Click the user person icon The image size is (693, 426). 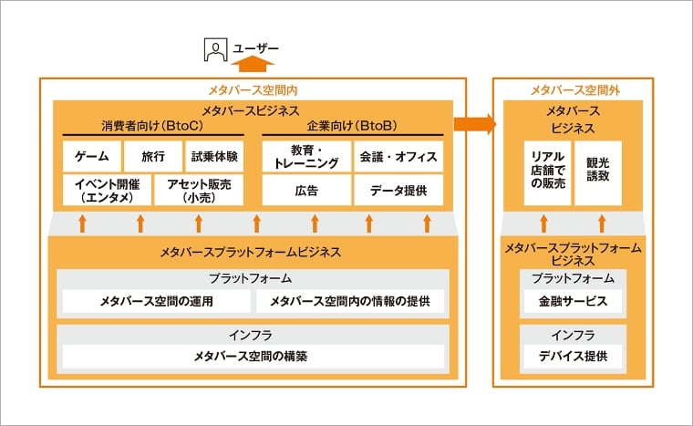pyautogui.click(x=214, y=49)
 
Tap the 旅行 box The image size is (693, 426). pyautogui.click(x=152, y=156)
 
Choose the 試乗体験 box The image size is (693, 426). pyautogui.click(x=214, y=156)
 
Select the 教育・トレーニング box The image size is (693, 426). pyautogui.click(x=305, y=156)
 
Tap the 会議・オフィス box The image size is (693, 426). pyautogui.click(x=398, y=156)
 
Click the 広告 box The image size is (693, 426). pyautogui.click(x=305, y=190)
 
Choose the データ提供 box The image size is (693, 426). pyautogui.click(x=398, y=190)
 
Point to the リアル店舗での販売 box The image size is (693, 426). pyautogui.click(x=547, y=171)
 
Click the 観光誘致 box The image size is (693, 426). pyautogui.click(x=597, y=171)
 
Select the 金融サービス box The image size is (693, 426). pyautogui.click(x=573, y=300)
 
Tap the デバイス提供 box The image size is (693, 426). pyautogui.click(x=573, y=355)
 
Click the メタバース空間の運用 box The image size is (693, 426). pyautogui.click(x=156, y=300)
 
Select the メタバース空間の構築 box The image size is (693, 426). pyautogui.click(x=251, y=356)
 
